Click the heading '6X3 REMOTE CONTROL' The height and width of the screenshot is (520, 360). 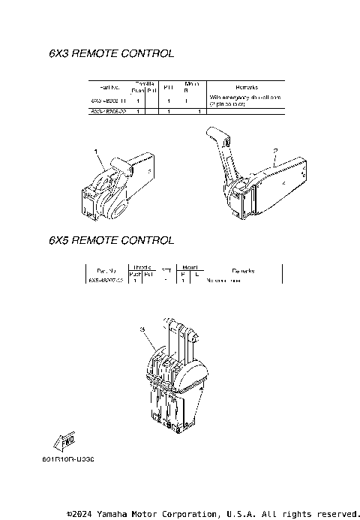click(111, 54)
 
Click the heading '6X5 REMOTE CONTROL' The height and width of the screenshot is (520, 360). click(111, 241)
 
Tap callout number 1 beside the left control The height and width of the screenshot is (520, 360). click(97, 152)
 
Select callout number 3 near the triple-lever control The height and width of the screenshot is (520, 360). click(141, 329)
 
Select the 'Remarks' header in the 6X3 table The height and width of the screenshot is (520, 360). click(247, 87)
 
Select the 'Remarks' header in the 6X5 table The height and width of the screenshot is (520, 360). click(243, 271)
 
